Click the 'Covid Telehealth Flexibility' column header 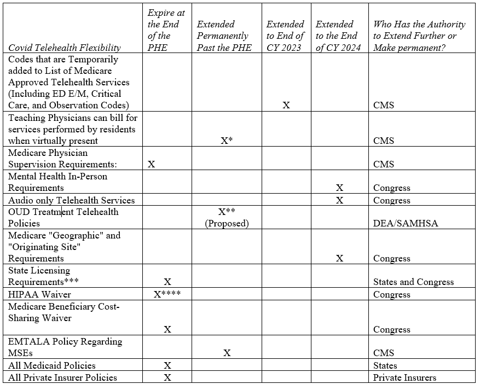click(x=65, y=48)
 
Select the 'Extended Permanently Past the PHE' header click(x=224, y=36)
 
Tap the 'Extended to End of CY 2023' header click(x=285, y=36)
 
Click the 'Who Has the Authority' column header click(x=419, y=36)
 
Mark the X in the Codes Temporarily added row click(x=286, y=105)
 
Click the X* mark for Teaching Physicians click(x=227, y=141)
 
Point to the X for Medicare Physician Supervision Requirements click(x=152, y=164)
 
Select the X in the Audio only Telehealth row click(x=339, y=200)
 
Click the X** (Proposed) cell click(x=227, y=218)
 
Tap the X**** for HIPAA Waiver click(x=167, y=294)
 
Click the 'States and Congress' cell click(x=413, y=282)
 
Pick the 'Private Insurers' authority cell click(x=404, y=377)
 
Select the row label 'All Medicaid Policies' click(x=52, y=365)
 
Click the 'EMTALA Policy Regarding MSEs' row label click(x=65, y=347)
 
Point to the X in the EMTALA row click(x=227, y=353)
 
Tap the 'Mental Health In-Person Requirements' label click(x=57, y=182)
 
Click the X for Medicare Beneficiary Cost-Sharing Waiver click(x=167, y=329)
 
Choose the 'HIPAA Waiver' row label click(x=39, y=294)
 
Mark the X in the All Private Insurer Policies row click(x=167, y=377)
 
